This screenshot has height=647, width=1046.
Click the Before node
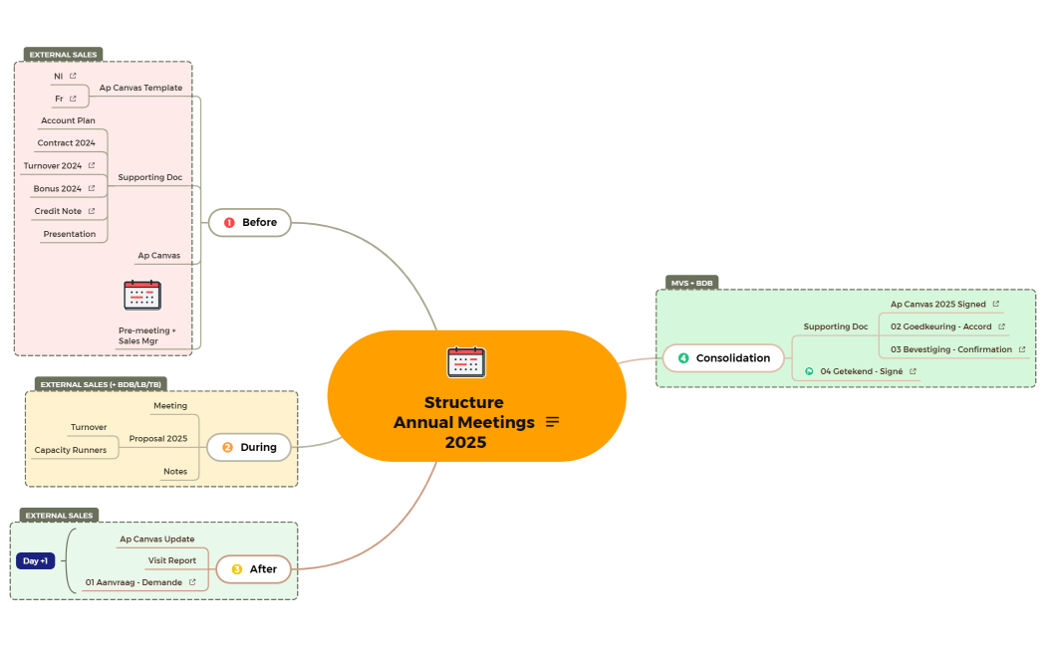(249, 222)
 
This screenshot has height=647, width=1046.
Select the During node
(249, 447)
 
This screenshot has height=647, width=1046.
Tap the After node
(254, 569)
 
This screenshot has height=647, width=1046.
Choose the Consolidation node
(724, 358)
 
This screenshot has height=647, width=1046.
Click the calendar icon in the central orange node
(466, 361)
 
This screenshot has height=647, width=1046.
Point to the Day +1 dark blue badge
(36, 560)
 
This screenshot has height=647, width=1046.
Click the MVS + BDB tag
(691, 283)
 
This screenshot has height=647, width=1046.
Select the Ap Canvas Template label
(140, 88)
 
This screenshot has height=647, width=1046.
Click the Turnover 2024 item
(53, 166)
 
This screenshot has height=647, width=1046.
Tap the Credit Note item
(58, 211)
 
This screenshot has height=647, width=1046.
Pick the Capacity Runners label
(70, 450)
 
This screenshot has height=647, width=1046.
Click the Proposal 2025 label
(157, 438)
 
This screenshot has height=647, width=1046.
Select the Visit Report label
(172, 560)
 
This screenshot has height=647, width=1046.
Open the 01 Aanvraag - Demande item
(133, 582)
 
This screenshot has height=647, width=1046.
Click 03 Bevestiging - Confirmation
(950, 349)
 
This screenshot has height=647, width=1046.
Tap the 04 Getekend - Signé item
(861, 371)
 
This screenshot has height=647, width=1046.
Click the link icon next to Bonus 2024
(92, 188)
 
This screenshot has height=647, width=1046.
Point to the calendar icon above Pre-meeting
(142, 296)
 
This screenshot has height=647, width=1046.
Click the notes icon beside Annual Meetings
(553, 422)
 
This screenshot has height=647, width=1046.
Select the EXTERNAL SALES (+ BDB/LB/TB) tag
(101, 384)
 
